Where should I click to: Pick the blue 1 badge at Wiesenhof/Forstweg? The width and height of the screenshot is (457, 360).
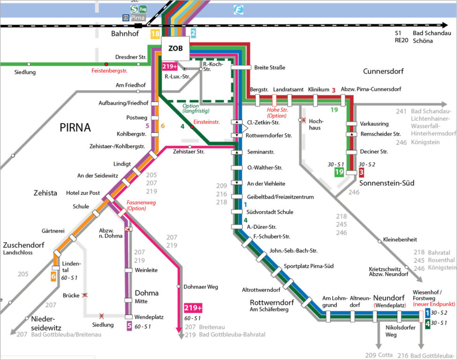(427, 313)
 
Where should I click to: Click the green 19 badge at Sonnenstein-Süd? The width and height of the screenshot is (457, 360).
(339, 172)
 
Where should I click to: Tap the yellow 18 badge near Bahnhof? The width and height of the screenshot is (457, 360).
(155, 33)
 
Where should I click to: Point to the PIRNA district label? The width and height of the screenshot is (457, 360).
(75, 128)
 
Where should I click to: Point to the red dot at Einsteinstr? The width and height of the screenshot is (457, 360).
(192, 127)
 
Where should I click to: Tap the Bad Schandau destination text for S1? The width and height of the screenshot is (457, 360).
(432, 33)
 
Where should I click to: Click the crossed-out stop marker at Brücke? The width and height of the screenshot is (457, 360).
(85, 296)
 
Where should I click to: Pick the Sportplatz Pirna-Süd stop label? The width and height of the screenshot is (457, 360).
(309, 266)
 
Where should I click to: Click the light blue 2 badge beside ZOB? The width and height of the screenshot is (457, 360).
(193, 33)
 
